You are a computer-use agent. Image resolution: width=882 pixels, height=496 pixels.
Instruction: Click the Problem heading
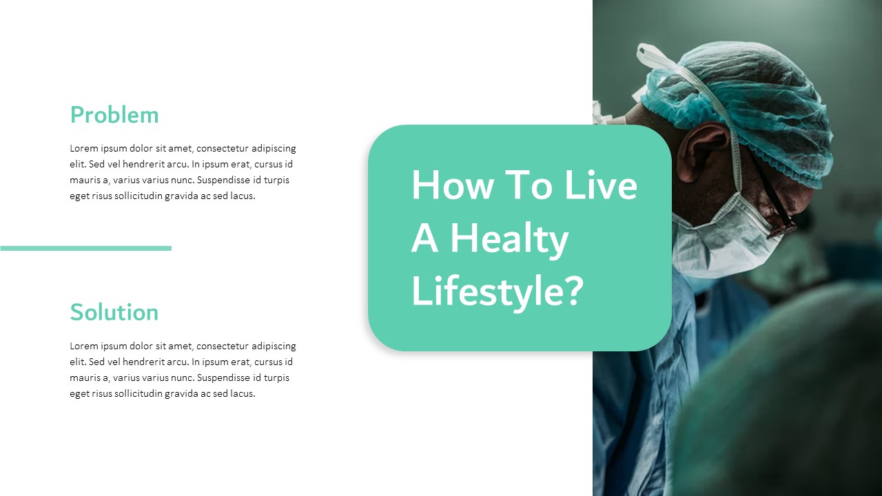[114, 115]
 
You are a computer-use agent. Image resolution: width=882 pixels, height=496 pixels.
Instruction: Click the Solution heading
[114, 313]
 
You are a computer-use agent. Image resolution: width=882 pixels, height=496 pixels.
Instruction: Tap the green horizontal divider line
[85, 248]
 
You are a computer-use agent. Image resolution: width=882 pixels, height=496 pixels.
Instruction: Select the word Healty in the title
[510, 240]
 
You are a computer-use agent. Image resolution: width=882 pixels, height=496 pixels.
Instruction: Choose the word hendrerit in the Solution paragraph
[141, 362]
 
